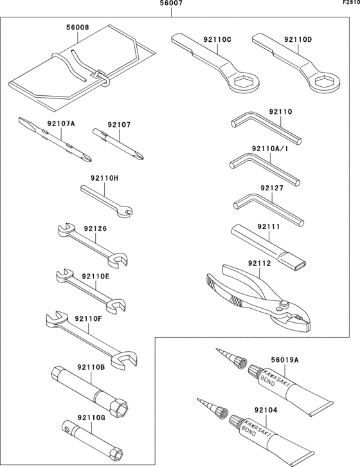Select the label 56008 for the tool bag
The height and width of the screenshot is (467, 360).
point(77,28)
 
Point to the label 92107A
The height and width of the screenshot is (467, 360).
point(61,124)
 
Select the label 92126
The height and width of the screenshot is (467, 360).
point(95,228)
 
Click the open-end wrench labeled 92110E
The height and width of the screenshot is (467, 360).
point(90,289)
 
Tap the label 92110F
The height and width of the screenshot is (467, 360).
point(88,318)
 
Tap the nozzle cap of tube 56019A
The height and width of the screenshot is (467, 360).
point(240,364)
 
